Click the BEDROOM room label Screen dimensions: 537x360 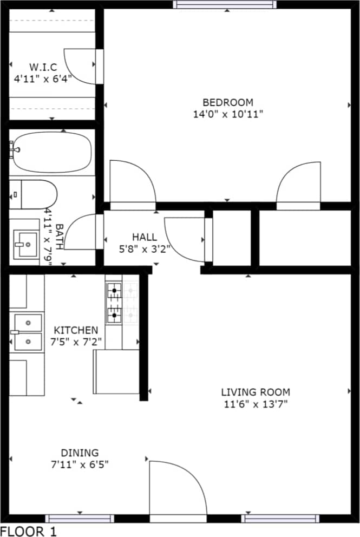click(227, 102)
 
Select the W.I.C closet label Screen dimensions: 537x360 click(43, 67)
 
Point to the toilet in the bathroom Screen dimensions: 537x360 click(32, 194)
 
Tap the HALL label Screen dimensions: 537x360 click(145, 237)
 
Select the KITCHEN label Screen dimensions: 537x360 click(76, 330)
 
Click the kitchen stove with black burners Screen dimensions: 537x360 click(114, 304)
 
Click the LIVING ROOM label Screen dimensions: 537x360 click(255, 392)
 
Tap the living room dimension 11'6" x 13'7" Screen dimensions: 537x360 click(255, 404)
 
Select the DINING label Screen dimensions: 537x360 click(80, 453)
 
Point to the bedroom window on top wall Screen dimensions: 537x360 click(224, 5)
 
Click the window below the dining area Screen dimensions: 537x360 click(80, 519)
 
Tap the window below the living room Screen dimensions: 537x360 click(280, 519)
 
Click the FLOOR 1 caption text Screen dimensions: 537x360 click(28, 531)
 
